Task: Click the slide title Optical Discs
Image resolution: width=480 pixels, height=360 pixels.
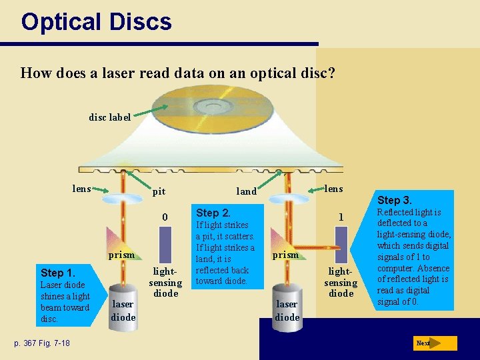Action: [x=96, y=22]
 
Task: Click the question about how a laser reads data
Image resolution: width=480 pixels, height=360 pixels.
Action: [x=177, y=72]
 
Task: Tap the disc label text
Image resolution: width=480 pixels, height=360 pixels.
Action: [x=110, y=117]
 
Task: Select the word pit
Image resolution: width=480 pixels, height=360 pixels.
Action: [x=159, y=191]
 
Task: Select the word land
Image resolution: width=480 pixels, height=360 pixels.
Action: [x=247, y=191]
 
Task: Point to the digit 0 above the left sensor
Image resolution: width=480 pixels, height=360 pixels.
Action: [x=165, y=217]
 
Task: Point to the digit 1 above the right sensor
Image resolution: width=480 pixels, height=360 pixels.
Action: [x=341, y=217]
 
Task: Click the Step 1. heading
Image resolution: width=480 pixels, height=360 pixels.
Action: [x=58, y=273]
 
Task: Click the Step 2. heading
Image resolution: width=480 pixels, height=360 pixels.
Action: [x=213, y=213]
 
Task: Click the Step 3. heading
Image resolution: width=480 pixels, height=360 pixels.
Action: [x=395, y=200]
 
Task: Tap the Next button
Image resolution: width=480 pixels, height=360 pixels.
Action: [x=435, y=343]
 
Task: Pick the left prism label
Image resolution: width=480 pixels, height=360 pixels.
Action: [x=122, y=255]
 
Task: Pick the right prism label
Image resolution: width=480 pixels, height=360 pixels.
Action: [x=286, y=254]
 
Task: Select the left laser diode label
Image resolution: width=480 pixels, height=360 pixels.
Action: [x=123, y=310]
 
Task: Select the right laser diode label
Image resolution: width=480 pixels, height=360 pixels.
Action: [x=287, y=310]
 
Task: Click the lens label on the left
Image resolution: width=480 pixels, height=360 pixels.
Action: [x=81, y=189]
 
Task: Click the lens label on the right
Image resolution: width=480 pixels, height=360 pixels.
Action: [x=333, y=189]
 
